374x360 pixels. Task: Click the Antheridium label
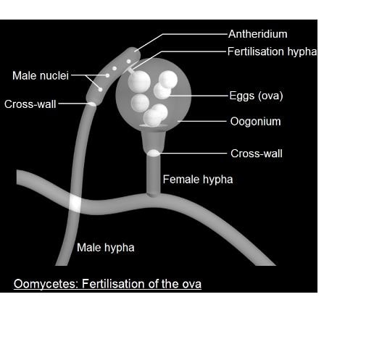tap(258, 34)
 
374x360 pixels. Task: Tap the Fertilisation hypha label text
tap(272, 51)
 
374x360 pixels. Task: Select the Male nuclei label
tap(41, 75)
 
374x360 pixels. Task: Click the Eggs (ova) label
tap(256, 96)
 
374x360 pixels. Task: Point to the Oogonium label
tap(255, 122)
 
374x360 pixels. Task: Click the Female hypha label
tap(198, 180)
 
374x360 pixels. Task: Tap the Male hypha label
tap(106, 248)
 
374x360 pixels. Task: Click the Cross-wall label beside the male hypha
tap(30, 104)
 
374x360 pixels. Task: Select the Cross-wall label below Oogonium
tap(257, 154)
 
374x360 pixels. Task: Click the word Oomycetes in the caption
tap(46, 284)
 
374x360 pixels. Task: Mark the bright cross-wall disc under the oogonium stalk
tap(154, 154)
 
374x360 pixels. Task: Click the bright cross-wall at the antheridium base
tap(92, 104)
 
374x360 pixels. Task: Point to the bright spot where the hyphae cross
tap(75, 204)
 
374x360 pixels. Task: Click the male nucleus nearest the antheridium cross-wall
tap(100, 90)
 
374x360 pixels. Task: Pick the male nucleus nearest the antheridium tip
tap(129, 62)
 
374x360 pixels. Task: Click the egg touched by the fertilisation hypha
tap(139, 81)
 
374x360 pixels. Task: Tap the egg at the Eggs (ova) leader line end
tap(162, 91)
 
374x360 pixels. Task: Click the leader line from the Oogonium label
tap(202, 121)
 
